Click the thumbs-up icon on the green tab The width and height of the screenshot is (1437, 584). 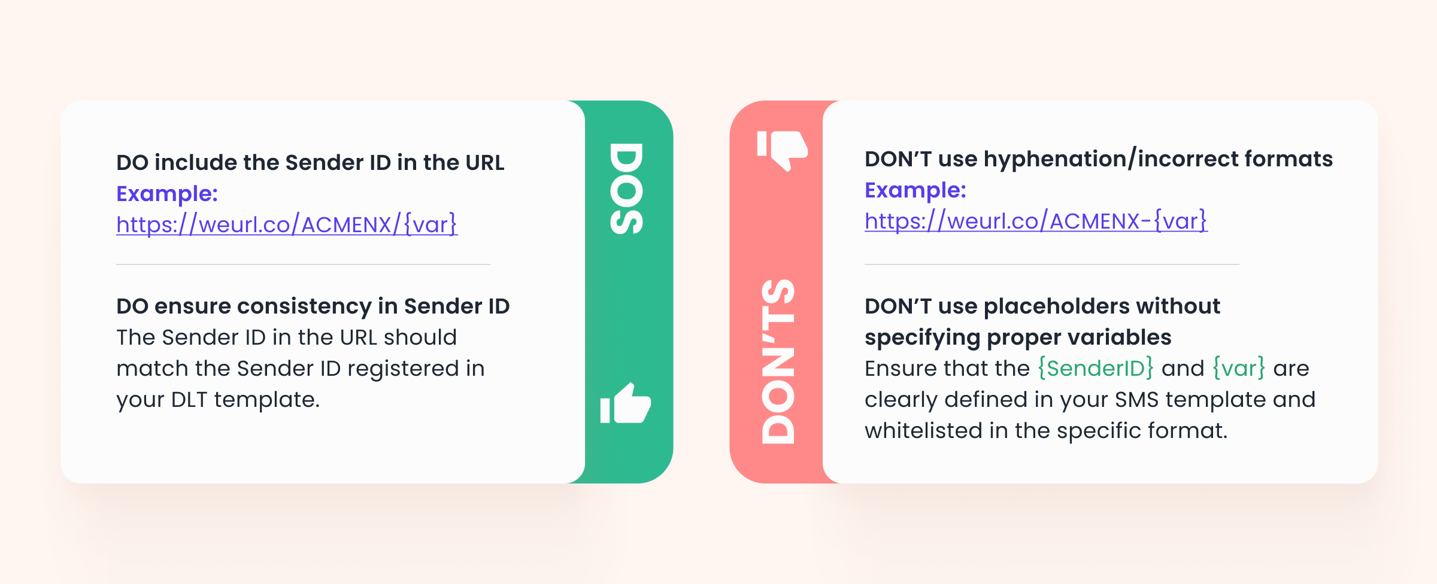coord(626,403)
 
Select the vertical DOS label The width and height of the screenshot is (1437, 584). coord(626,188)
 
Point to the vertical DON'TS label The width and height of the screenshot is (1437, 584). coord(778,361)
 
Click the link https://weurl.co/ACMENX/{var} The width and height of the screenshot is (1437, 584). coord(287,224)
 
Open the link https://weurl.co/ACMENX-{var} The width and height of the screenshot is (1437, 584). coord(1036,221)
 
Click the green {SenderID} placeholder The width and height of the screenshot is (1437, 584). coord(1095,368)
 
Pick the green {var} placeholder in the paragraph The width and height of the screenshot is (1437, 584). coord(1239,368)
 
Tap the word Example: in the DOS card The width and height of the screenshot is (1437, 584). coord(167,194)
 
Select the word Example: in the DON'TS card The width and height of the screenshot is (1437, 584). coord(915,190)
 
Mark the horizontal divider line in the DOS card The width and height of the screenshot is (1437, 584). coord(303,264)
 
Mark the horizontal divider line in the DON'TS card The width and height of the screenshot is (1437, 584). coord(1052,264)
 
